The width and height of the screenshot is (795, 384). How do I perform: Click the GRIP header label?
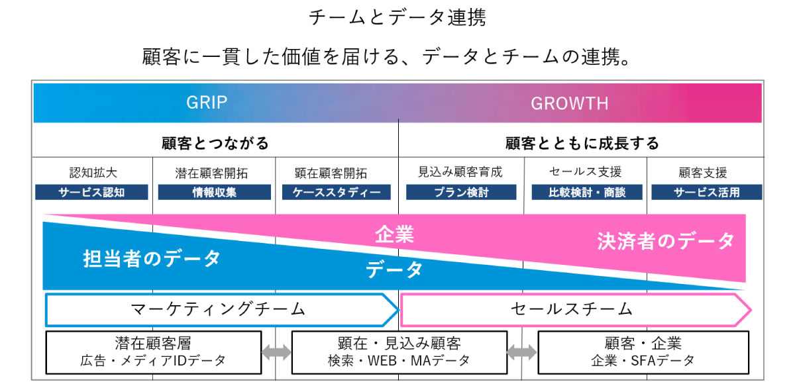(x=207, y=103)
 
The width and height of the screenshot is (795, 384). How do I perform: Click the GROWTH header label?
(x=569, y=103)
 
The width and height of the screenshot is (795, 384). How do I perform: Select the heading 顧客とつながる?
(x=215, y=143)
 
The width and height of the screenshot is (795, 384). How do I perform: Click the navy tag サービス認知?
(x=93, y=193)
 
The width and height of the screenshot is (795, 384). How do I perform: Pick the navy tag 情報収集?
(x=214, y=193)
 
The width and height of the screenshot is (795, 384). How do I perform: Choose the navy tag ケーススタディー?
(x=337, y=193)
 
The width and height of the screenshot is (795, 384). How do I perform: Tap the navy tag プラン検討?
(x=461, y=193)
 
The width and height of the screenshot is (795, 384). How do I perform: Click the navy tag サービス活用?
(x=706, y=193)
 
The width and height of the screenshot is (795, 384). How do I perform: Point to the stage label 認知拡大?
(x=93, y=173)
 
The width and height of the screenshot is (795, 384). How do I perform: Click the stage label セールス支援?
(x=586, y=173)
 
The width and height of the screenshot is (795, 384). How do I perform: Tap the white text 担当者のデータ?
(x=152, y=258)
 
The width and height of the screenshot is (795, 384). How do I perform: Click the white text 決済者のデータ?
(x=666, y=240)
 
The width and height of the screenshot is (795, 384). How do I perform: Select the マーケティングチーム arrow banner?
(x=219, y=309)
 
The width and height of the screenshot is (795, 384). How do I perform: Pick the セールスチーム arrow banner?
(x=573, y=309)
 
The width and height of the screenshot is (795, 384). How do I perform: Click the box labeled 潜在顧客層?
(x=152, y=352)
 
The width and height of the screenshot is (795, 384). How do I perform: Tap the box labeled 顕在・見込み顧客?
(x=399, y=352)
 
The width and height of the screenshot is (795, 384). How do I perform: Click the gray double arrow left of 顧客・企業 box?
(x=522, y=352)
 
